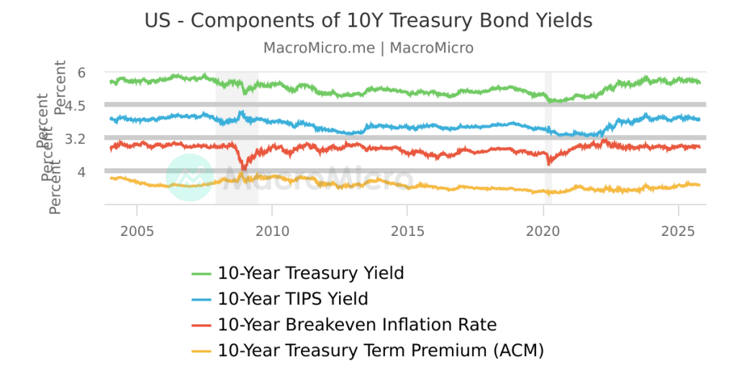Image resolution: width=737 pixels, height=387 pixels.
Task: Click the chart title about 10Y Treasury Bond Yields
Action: tap(368, 21)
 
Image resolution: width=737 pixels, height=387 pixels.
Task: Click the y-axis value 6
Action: tap(82, 73)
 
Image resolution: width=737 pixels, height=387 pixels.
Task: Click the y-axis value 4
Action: tap(82, 172)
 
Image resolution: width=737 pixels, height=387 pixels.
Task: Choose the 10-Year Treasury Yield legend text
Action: tap(310, 273)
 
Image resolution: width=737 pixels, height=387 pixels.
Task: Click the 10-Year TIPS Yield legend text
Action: tap(292, 299)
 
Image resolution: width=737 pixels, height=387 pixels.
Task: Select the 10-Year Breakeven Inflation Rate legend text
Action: tap(357, 324)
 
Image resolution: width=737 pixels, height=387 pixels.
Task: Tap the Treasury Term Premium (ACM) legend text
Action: tap(380, 350)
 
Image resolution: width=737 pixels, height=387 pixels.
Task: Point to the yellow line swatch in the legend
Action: tap(202, 351)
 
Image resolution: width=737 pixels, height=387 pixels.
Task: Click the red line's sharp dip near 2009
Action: tap(243, 169)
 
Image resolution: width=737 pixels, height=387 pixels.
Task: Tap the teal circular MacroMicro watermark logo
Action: tap(189, 178)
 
